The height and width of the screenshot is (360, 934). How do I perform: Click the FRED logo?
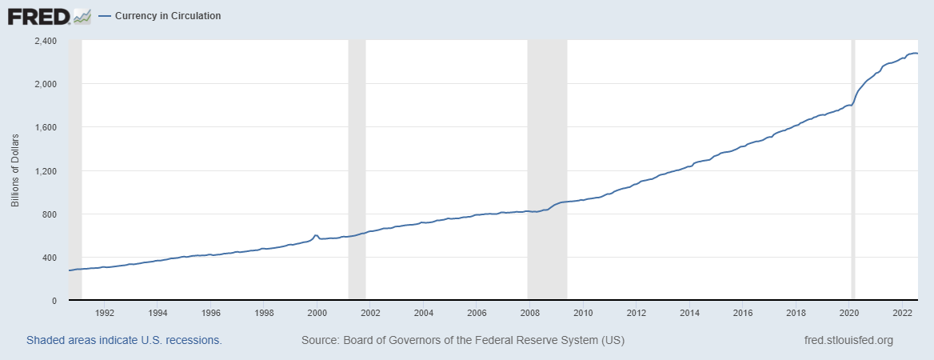pos(38,15)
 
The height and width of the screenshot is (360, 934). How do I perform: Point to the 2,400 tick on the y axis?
pos(44,41)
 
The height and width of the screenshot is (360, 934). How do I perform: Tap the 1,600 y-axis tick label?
pos(44,127)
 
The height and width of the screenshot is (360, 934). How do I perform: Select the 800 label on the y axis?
pos(49,214)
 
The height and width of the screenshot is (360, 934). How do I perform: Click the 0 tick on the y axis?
pos(54,301)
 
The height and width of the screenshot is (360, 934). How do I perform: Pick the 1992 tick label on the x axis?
pos(106,313)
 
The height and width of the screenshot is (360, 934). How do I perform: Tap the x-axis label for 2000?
pos(317,313)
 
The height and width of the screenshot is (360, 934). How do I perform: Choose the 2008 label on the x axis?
pos(530,313)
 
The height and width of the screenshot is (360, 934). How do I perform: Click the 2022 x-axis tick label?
pos(902,313)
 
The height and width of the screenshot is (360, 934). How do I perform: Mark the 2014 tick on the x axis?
pos(689,313)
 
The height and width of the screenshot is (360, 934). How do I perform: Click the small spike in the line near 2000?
pos(316,235)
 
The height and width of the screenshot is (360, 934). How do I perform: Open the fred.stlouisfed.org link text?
pos(848,340)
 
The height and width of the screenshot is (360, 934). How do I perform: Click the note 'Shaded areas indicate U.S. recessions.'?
pos(124,340)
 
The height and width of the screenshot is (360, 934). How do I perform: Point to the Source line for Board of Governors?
pos(462,340)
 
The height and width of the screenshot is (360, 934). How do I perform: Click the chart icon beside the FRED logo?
pos(82,15)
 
